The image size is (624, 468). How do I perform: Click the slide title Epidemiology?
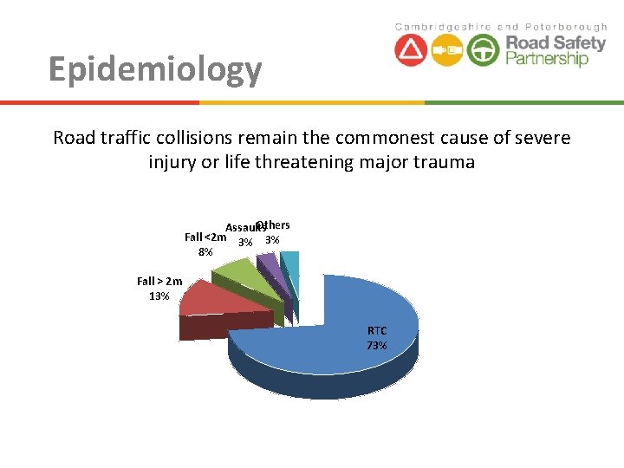(155, 69)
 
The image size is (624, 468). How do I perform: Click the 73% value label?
(377, 346)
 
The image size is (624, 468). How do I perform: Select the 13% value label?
(159, 296)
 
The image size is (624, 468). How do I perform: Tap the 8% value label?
(205, 252)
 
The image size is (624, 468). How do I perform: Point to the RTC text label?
(377, 330)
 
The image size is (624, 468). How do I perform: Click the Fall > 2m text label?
(160, 281)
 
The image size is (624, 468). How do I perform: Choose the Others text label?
(274, 225)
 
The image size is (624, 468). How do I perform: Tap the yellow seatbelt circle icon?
(447, 50)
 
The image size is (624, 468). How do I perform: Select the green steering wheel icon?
(483, 50)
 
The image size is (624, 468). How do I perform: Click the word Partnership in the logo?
(547, 59)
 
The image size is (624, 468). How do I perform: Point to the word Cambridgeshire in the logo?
(443, 27)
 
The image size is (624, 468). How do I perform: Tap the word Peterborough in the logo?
(569, 27)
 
